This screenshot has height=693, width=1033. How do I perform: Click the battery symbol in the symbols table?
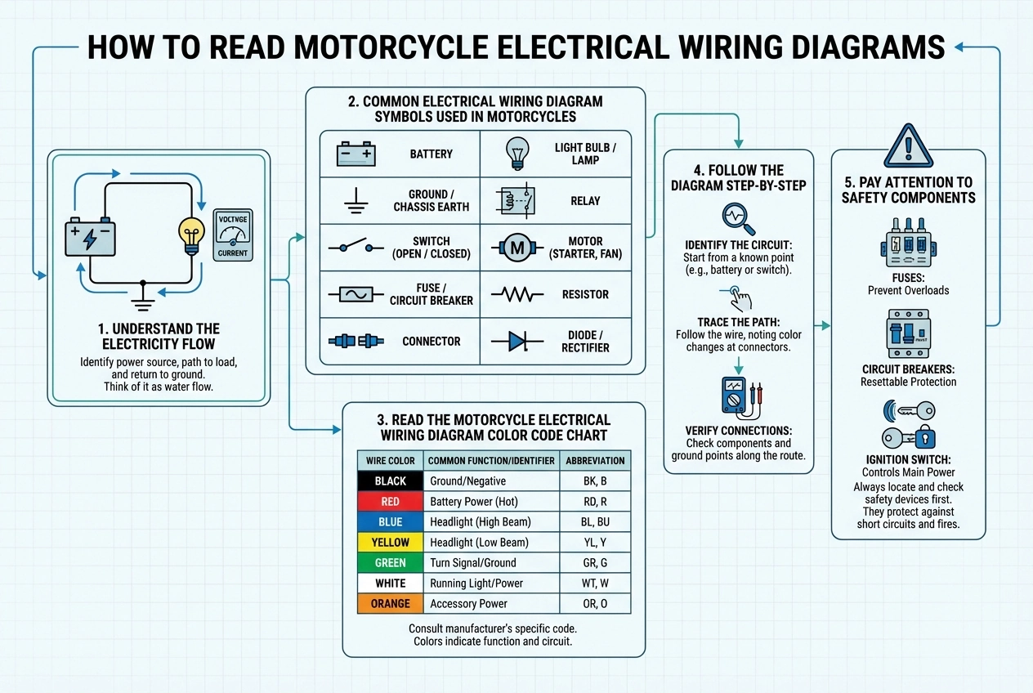[x=356, y=154]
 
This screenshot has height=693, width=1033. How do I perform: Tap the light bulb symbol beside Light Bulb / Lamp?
[x=516, y=153]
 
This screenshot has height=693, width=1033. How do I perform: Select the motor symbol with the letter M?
[x=516, y=248]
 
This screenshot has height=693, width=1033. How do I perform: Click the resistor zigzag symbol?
[x=516, y=294]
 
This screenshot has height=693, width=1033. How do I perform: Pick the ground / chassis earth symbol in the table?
[x=355, y=200]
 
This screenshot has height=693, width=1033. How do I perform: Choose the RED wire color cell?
[x=390, y=501]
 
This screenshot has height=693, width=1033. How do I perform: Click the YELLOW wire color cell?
[x=390, y=542]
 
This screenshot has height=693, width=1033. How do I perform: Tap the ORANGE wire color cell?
[x=390, y=603]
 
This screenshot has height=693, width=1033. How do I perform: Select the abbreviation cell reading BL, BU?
[x=595, y=521]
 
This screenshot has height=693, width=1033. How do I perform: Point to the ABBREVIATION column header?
[x=595, y=460]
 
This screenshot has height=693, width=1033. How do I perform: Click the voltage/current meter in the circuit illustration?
[x=233, y=235]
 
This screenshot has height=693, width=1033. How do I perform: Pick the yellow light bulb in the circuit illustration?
[x=191, y=235]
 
